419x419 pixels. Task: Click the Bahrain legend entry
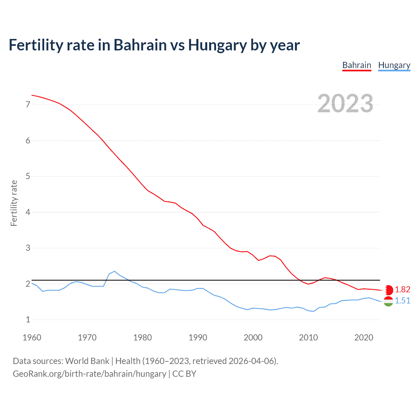point(356,65)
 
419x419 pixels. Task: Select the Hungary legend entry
point(394,65)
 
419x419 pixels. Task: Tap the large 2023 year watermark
point(345,103)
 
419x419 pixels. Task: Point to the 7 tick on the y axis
point(28,105)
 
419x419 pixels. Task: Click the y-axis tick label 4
point(28,212)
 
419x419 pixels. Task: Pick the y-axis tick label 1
point(28,319)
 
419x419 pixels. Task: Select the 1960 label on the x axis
point(32,337)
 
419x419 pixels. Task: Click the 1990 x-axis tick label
point(198,337)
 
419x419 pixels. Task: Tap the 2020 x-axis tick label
point(364,337)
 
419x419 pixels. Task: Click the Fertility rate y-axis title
point(14,203)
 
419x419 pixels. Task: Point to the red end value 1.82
point(402,289)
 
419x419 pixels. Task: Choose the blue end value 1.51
point(402,301)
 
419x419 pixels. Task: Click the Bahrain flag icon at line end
point(389,290)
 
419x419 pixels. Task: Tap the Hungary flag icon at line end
point(388,301)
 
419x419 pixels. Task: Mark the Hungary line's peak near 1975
point(114,271)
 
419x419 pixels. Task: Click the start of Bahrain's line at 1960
point(32,95)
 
